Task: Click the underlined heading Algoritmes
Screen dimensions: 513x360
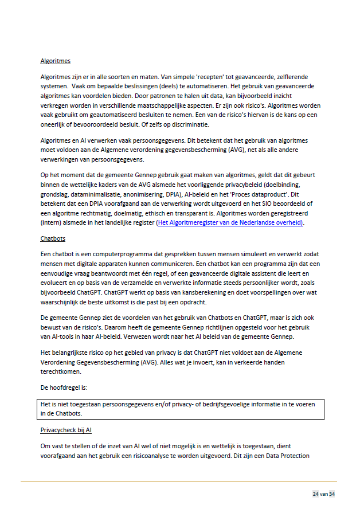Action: pos(55,61)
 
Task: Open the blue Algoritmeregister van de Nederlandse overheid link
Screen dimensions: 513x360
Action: pos(230,223)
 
